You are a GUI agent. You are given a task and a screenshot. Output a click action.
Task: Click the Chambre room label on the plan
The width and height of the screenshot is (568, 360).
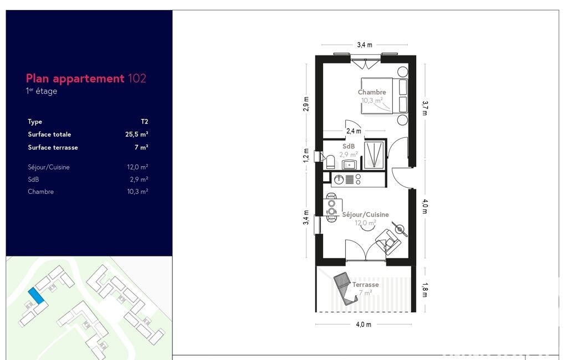pos(372,92)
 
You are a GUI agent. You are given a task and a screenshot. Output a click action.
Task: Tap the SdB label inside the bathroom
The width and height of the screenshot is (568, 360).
pos(349,146)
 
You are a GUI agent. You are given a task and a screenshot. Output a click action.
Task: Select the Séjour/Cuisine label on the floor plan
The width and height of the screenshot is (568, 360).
pos(366,214)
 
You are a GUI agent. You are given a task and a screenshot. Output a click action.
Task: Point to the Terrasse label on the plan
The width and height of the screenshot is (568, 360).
pos(366,285)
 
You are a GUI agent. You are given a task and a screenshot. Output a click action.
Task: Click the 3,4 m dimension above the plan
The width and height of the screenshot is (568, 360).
pos(365,45)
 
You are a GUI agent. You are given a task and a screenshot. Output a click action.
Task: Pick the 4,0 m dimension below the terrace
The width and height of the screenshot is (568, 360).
pos(364,325)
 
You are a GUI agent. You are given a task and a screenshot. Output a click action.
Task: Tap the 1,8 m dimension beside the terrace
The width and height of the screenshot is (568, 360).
pos(425,290)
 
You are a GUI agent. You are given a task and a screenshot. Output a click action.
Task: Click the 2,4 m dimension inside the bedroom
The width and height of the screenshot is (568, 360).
pos(354,131)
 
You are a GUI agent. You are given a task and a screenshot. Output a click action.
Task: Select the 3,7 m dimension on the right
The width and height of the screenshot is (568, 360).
pos(425,108)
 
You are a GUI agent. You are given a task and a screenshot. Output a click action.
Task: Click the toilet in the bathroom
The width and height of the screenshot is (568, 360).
pos(330,162)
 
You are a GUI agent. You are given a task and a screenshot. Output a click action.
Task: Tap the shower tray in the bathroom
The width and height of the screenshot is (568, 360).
pos(373,155)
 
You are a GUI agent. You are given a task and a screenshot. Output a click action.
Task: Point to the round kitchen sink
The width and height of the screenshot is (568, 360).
pos(339,179)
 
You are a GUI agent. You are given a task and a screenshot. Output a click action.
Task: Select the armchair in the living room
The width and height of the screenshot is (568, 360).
pos(388,241)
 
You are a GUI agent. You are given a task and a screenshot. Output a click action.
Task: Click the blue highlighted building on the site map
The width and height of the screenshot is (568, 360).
pos(36,296)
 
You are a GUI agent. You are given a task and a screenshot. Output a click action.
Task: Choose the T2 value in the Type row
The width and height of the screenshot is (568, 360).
pos(144,122)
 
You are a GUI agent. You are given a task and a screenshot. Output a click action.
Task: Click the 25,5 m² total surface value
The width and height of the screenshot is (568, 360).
pos(136,134)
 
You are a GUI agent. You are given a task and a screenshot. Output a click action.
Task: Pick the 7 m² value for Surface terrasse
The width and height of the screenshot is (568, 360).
pos(141,147)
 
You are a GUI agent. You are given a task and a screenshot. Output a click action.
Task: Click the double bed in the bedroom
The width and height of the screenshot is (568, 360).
pos(384,96)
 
